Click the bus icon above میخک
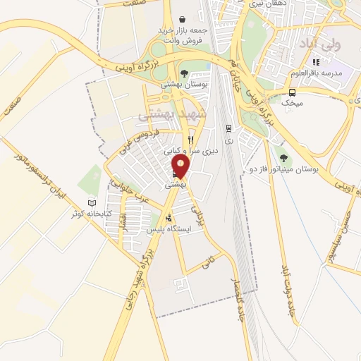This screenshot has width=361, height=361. (292, 92)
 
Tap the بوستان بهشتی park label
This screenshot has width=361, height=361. (183, 84)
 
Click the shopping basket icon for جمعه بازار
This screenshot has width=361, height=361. (183, 20)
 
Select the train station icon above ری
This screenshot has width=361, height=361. (228, 128)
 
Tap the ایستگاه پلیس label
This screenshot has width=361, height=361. (169, 230)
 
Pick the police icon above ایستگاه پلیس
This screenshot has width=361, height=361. (169, 218)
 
